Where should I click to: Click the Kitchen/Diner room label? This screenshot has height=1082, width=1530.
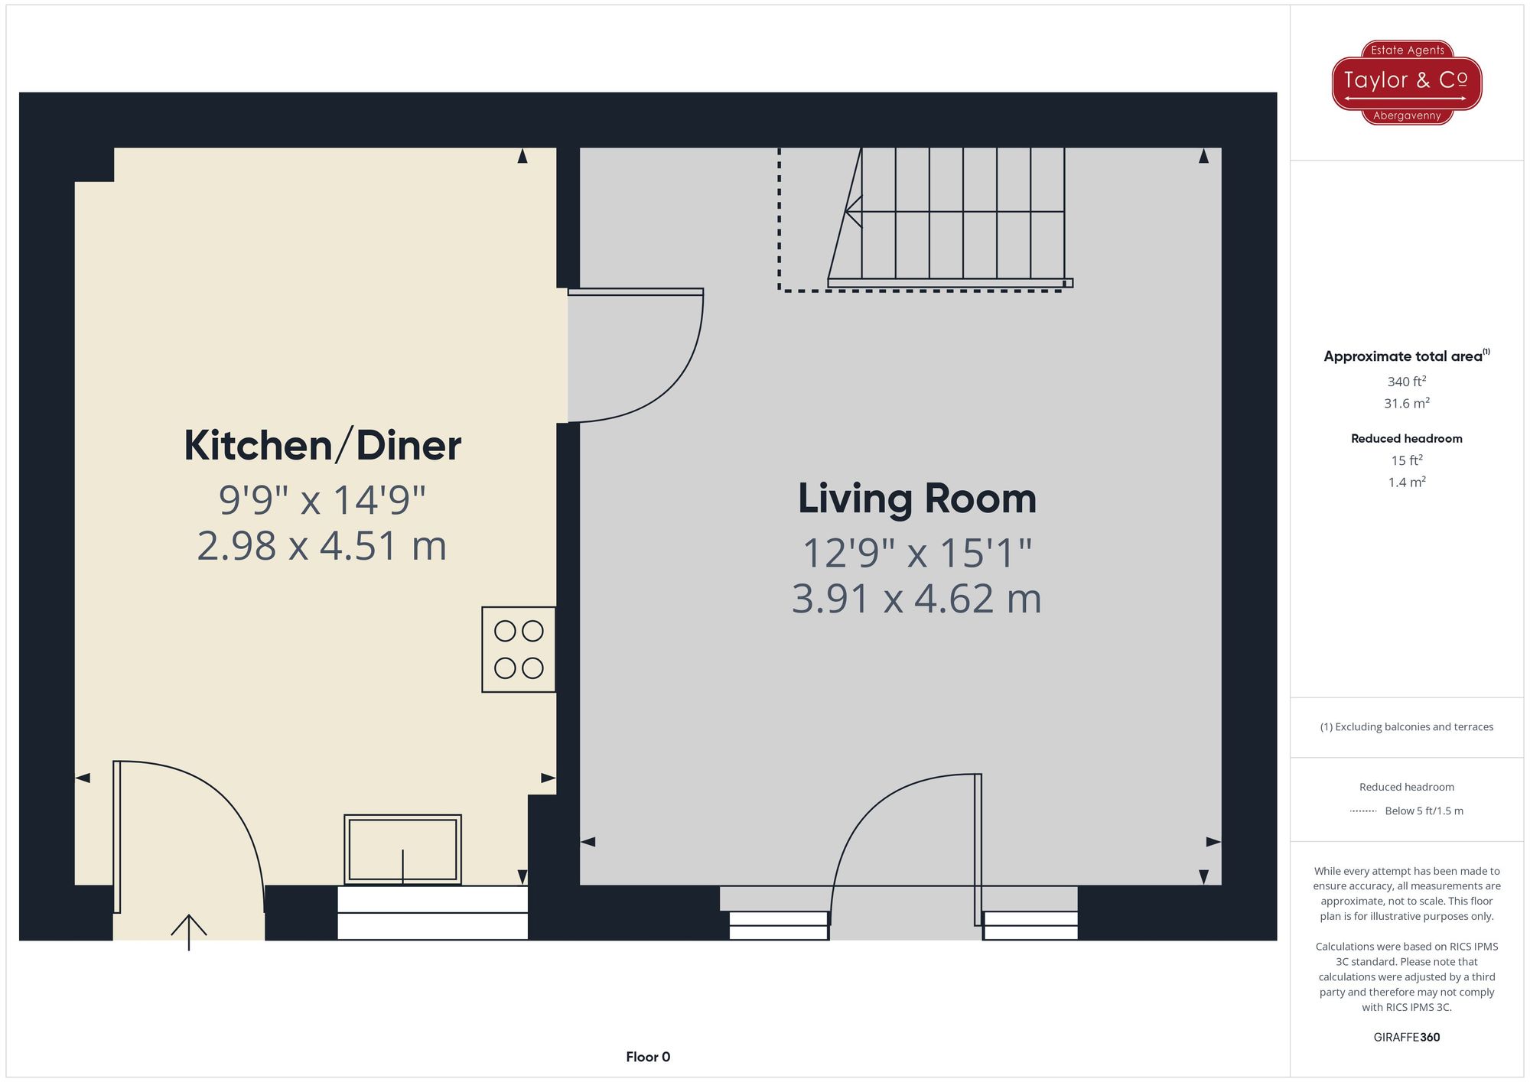pos(322,446)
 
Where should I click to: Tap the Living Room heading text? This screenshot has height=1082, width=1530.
pos(916,499)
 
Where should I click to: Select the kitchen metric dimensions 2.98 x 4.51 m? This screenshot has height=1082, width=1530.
pos(322,546)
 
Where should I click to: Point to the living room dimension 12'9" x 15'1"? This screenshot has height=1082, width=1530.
pos(916,553)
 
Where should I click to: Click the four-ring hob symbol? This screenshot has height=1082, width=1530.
pos(519,649)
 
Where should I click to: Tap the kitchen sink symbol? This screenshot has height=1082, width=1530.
pos(402,850)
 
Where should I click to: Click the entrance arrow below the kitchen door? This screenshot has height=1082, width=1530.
pos(188,931)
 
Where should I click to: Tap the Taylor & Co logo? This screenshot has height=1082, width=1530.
pos(1406,82)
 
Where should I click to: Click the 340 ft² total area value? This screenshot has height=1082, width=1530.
pos(1406,382)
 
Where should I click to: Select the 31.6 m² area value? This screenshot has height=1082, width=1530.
pos(1406,403)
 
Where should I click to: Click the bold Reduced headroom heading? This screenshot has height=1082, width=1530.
pos(1406,438)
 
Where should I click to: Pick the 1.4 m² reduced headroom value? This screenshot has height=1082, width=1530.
pos(1406,483)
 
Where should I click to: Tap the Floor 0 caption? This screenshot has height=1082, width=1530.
pos(647,1057)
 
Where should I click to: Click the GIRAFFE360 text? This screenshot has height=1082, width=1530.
pos(1406,1038)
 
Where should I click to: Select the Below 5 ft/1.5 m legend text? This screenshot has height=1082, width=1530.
pos(1423,811)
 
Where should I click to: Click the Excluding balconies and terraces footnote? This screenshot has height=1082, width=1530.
pos(1406,727)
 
